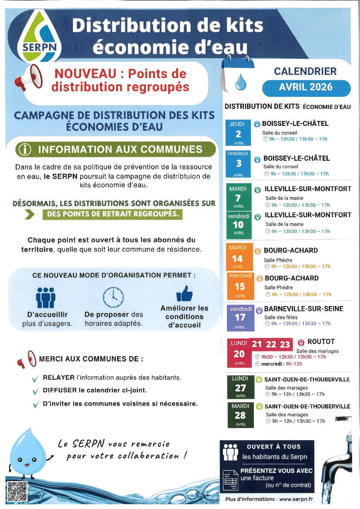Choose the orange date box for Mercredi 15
[240, 286]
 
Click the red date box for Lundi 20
[239, 353]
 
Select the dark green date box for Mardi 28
[240, 415]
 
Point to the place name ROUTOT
[321, 342]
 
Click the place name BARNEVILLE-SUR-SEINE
[304, 309]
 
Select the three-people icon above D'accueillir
[46, 297]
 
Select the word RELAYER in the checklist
[58, 377]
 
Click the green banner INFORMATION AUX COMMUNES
[116, 149]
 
